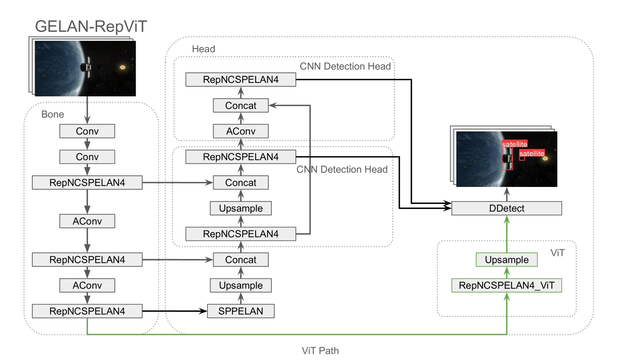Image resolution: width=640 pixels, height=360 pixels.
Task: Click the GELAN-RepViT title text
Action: (x=91, y=27)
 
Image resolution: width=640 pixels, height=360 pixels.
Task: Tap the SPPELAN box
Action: (x=240, y=311)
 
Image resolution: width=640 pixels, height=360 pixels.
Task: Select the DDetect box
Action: (x=506, y=208)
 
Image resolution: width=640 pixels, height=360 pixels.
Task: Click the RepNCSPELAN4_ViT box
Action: (x=506, y=285)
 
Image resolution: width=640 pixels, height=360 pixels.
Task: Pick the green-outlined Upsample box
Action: (x=506, y=260)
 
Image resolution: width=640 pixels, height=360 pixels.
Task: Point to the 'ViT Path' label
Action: (x=320, y=351)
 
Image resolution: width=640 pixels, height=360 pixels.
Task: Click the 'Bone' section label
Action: (x=52, y=114)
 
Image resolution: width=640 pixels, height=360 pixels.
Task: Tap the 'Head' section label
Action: (x=203, y=49)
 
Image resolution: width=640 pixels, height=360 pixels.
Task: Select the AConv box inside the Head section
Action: (x=240, y=131)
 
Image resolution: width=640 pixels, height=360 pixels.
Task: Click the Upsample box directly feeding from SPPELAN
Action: (x=240, y=285)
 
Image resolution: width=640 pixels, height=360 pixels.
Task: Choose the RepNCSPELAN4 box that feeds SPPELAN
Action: (x=87, y=311)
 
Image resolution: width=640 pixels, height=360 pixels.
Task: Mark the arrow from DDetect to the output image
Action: (x=507, y=194)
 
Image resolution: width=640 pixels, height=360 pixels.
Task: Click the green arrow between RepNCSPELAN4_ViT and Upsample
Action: (x=507, y=273)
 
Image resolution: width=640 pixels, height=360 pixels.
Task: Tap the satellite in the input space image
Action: (x=86, y=67)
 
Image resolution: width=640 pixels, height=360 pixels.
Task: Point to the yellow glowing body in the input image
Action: (x=123, y=67)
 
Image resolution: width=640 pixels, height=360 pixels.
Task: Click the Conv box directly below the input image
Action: (x=87, y=131)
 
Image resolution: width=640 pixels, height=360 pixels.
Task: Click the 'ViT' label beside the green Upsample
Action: (x=557, y=253)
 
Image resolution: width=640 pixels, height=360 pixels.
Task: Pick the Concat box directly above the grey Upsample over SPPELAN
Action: (x=240, y=260)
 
